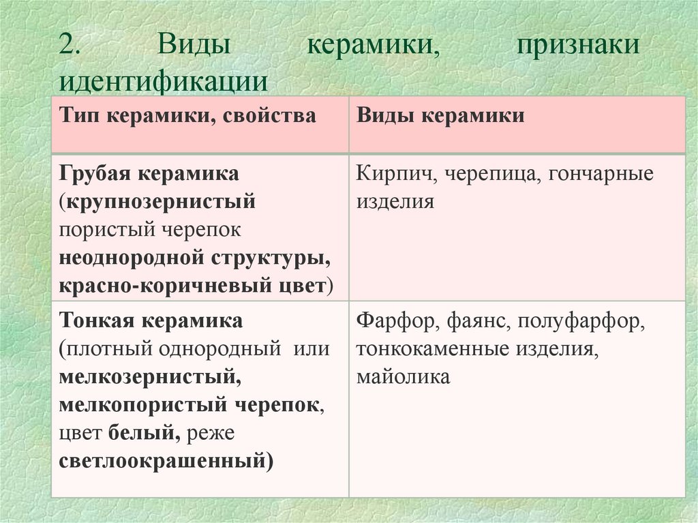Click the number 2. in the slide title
coord(71,46)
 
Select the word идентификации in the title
coord(163,80)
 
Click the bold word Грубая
coord(95,173)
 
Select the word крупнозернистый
coord(161,202)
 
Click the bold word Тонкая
coord(97,320)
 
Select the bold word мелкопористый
coord(141,404)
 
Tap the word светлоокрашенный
coord(164,461)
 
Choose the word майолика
coord(403,377)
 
